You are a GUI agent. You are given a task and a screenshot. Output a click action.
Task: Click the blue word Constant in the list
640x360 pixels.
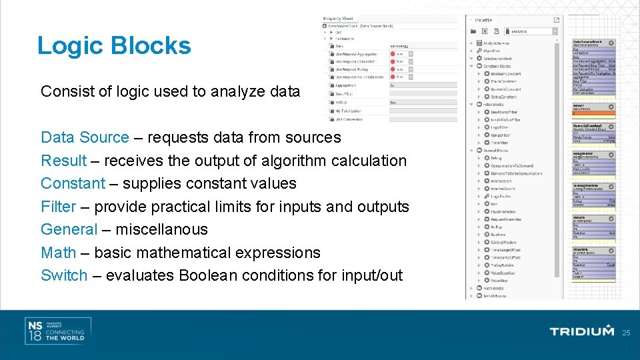pyautogui.click(x=73, y=183)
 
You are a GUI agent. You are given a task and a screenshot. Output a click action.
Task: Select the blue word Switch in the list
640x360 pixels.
pyautogui.click(x=64, y=275)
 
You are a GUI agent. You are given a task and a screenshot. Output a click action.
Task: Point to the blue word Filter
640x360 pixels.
pyautogui.click(x=58, y=207)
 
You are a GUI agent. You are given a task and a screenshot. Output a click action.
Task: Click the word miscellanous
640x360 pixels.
pyautogui.click(x=161, y=229)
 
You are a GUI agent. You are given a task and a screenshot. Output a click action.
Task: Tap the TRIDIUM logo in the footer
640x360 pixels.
pyautogui.click(x=581, y=331)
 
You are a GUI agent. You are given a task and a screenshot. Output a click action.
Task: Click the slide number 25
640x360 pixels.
pyautogui.click(x=625, y=332)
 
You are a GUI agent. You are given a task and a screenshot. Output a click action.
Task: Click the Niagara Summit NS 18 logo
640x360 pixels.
pyautogui.click(x=56, y=331)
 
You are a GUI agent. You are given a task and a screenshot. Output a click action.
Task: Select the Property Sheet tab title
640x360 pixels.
pyautogui.click(x=339, y=19)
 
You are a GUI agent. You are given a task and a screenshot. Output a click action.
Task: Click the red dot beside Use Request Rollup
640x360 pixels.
pyautogui.click(x=393, y=69)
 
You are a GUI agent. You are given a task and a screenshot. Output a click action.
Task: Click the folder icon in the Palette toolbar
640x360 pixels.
pyautogui.click(x=473, y=31)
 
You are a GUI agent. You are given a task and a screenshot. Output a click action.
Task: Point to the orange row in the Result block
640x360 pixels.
pyautogui.click(x=593, y=112)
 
